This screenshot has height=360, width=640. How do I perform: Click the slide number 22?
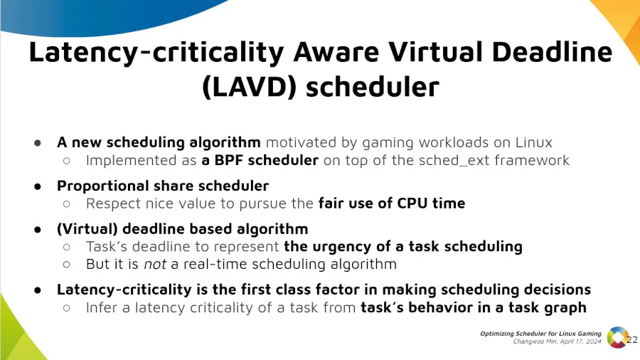click(631, 340)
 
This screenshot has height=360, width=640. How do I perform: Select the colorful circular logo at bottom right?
click(617, 337)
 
